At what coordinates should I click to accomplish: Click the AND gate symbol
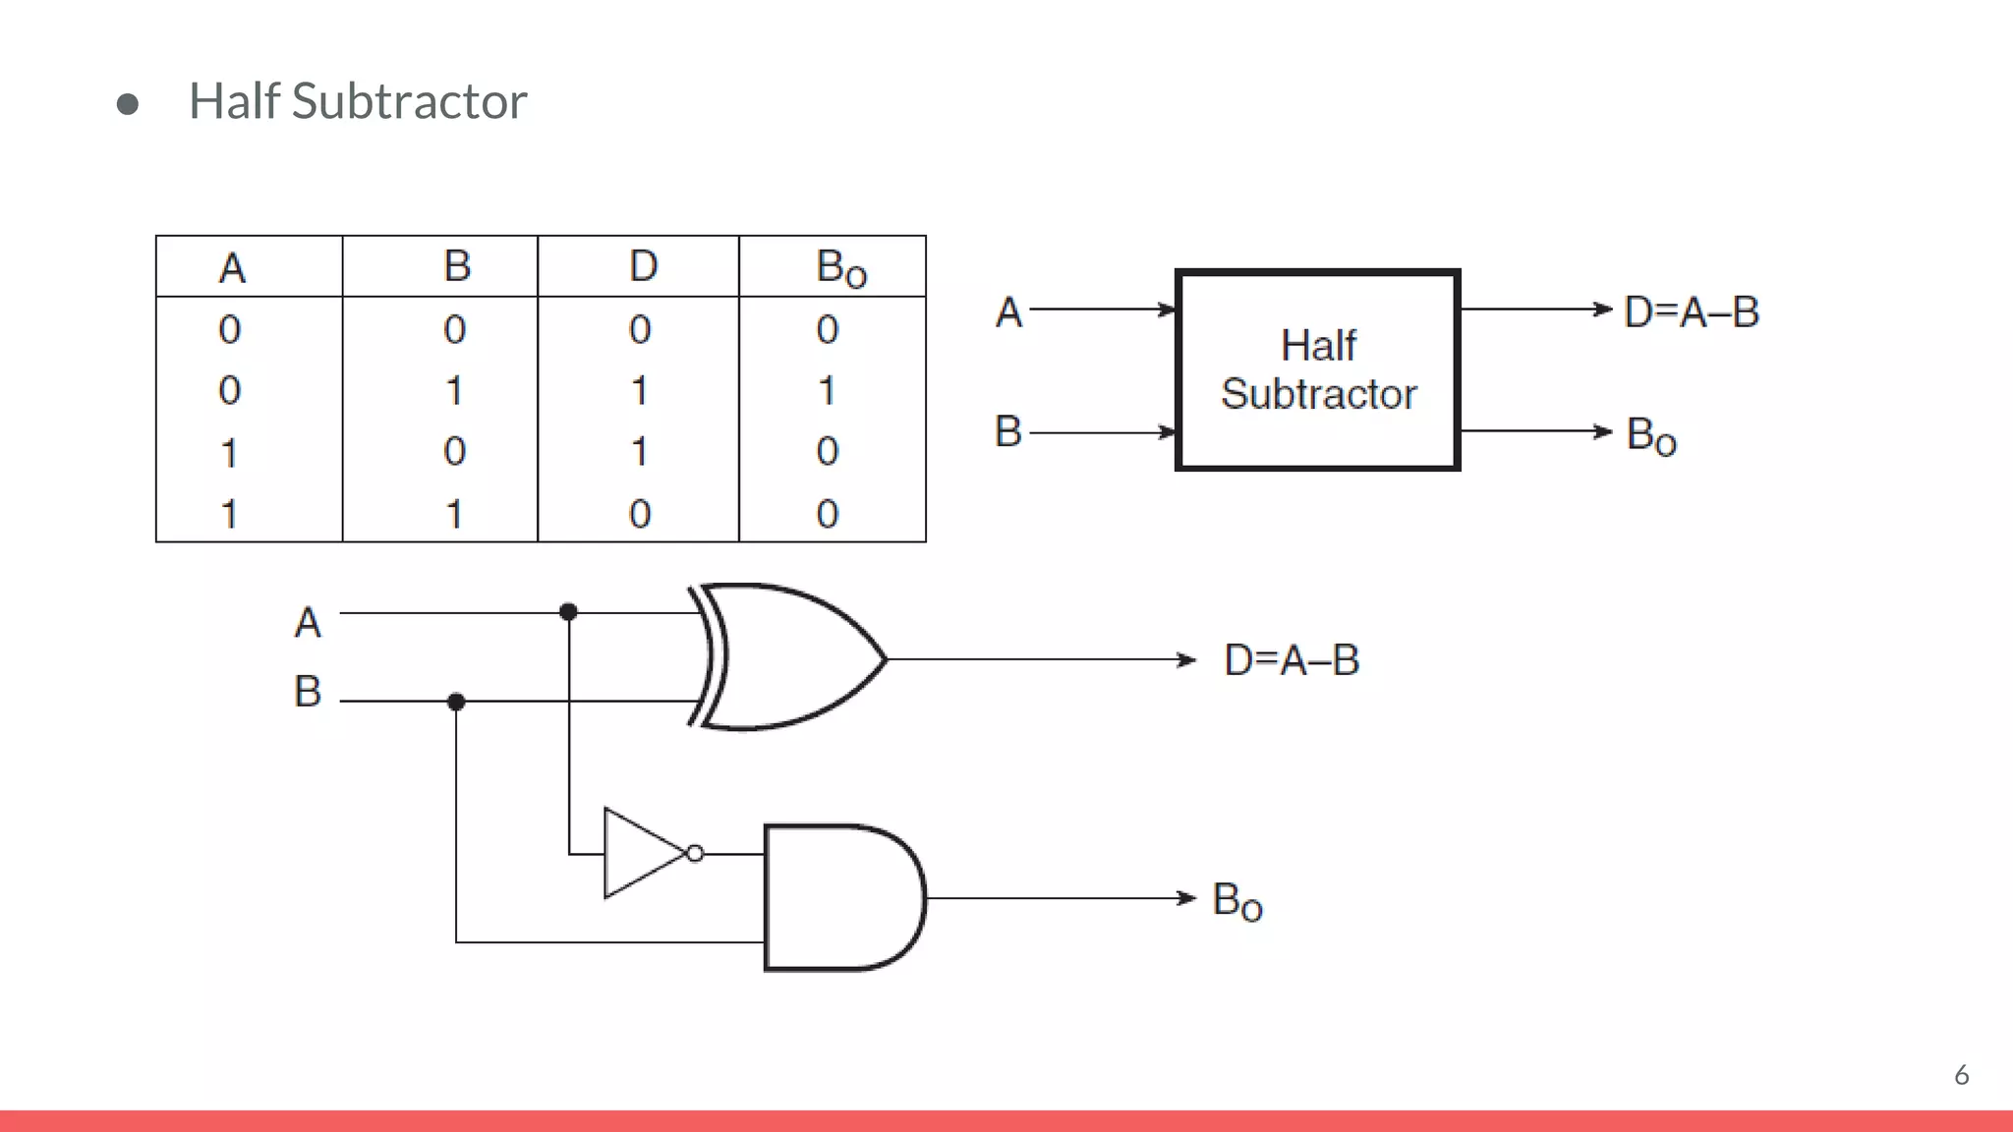pyautogui.click(x=840, y=898)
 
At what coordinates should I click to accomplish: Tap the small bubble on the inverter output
pyautogui.click(x=696, y=854)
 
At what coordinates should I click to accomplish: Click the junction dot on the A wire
pyautogui.click(x=568, y=612)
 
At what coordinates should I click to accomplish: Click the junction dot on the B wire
pyautogui.click(x=456, y=702)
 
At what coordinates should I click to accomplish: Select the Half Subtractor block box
pyautogui.click(x=1317, y=370)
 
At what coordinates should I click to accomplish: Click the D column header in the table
pyautogui.click(x=643, y=266)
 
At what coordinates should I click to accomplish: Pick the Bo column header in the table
pyautogui.click(x=840, y=267)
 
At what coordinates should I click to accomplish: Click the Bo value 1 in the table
pyautogui.click(x=828, y=391)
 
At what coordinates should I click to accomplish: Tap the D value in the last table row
pyautogui.click(x=640, y=514)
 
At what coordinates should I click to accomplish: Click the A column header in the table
pyautogui.click(x=232, y=268)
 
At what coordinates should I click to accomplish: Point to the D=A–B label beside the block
pyautogui.click(x=1691, y=312)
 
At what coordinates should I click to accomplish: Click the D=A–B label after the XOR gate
pyautogui.click(x=1291, y=660)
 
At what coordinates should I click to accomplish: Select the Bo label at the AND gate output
pyautogui.click(x=1237, y=901)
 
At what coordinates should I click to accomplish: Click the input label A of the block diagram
pyautogui.click(x=1008, y=312)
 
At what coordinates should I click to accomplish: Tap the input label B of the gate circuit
pyautogui.click(x=308, y=692)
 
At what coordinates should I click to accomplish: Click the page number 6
pyautogui.click(x=1961, y=1075)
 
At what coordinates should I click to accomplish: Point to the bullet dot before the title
pyautogui.click(x=127, y=104)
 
